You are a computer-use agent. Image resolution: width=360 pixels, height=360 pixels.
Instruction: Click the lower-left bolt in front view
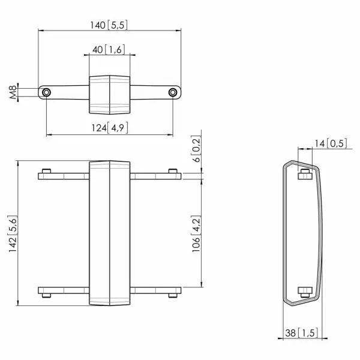(x=46, y=294)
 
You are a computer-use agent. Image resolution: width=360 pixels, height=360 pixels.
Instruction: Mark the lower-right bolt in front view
(x=173, y=294)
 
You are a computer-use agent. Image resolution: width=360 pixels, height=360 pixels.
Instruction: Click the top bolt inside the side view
(x=304, y=174)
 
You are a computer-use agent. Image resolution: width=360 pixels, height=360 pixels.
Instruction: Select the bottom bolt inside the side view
(x=304, y=292)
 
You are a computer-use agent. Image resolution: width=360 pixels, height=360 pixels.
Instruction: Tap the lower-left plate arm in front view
(x=64, y=290)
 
